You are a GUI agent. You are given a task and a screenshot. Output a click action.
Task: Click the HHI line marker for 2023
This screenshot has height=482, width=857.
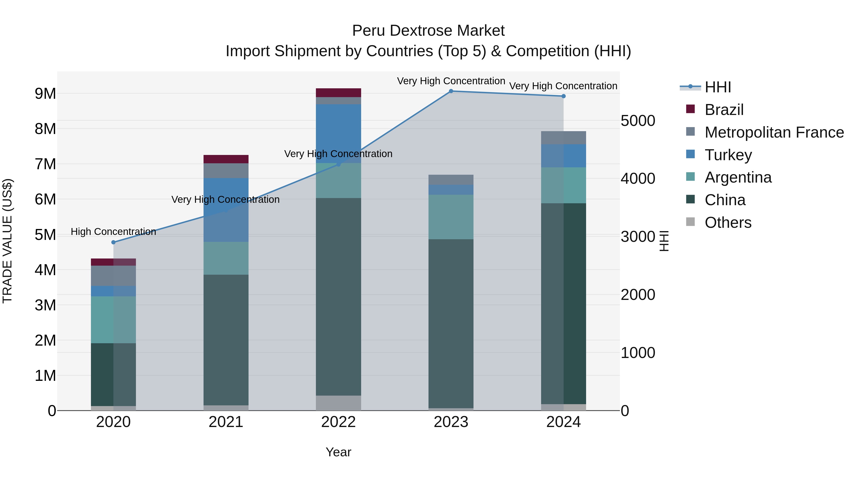[x=451, y=91]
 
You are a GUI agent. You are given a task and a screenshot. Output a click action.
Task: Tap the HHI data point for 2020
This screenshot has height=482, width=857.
[x=114, y=242]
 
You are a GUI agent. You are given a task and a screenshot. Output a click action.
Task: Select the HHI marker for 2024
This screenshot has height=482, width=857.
[x=563, y=96]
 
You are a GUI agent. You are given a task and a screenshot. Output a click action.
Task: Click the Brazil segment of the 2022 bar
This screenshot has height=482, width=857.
[x=338, y=93]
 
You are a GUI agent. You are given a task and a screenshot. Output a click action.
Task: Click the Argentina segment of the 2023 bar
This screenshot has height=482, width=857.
[x=451, y=217]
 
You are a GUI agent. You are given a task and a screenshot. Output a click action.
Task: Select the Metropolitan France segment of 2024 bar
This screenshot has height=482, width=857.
[x=563, y=138]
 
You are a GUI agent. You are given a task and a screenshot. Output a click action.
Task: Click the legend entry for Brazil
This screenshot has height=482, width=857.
[x=724, y=110]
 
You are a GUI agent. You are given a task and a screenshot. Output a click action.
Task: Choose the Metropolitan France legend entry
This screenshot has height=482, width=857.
[x=774, y=132]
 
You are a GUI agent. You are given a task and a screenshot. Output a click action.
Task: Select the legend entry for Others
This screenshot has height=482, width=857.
[x=728, y=223]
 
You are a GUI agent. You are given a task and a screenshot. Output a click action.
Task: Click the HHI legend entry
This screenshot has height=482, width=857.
[x=717, y=87]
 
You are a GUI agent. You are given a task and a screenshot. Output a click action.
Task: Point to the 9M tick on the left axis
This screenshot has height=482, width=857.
[x=45, y=94]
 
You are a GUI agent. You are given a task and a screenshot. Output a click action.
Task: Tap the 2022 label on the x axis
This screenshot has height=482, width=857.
[x=338, y=422]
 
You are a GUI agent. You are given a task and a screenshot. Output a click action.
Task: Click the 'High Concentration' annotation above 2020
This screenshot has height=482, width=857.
[x=114, y=232]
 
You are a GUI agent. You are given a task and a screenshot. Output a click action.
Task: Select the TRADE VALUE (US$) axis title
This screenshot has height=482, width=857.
[x=8, y=241]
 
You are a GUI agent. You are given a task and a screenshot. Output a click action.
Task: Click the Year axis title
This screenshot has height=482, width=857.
[x=338, y=452]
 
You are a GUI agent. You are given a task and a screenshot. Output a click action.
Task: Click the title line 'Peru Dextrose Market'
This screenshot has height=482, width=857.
[x=428, y=31]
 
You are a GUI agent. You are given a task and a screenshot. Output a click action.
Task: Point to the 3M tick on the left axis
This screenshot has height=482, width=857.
[x=45, y=305]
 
